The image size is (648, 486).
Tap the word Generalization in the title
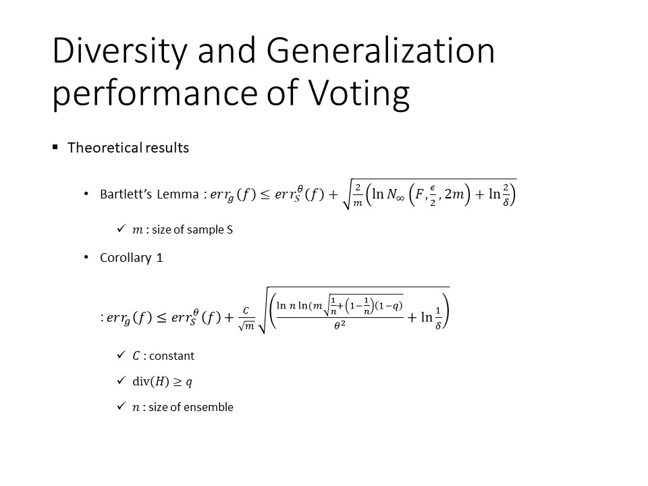pos(380,51)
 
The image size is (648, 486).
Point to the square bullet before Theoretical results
pos(55,146)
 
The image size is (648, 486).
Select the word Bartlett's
pos(126,194)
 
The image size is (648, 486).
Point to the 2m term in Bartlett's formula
pos(454,194)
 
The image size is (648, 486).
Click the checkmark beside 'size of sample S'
pos(121,228)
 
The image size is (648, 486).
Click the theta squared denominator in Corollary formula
pos(340,325)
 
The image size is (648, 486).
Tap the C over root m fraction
pos(246,318)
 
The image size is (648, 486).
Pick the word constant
pos(171,356)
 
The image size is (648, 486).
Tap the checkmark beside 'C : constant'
pos(121,354)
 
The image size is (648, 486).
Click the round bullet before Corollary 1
pos(86,257)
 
